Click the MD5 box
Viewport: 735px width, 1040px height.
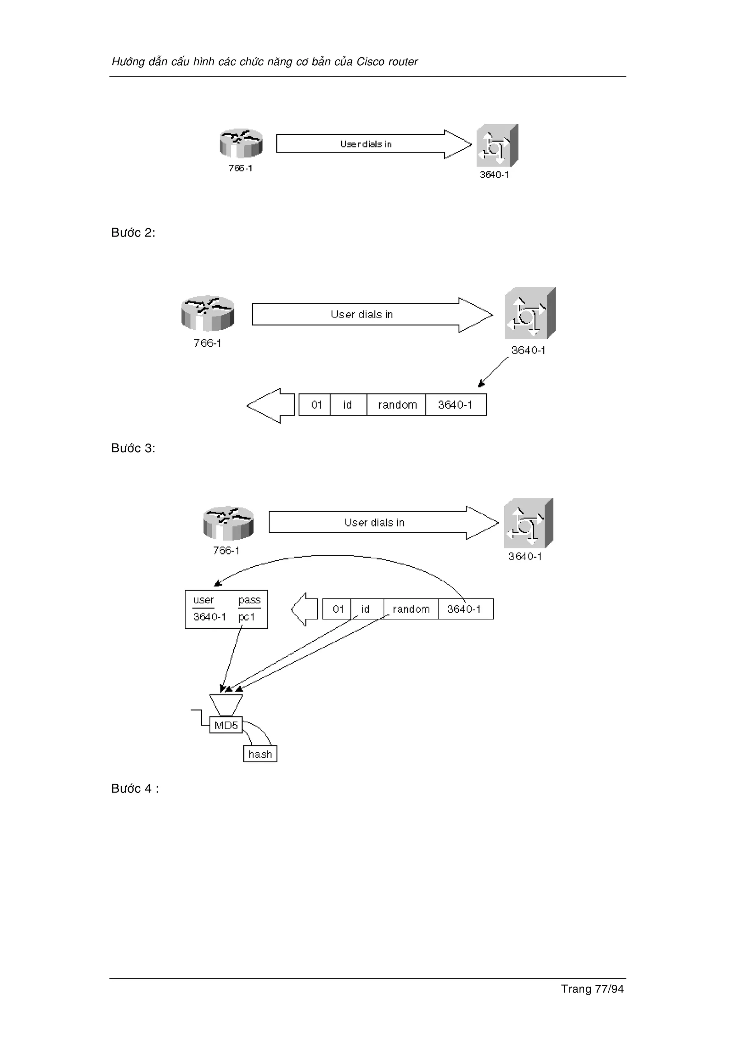click(x=226, y=725)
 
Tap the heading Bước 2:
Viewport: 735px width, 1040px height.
click(x=133, y=233)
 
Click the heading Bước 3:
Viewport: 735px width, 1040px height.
click(x=133, y=449)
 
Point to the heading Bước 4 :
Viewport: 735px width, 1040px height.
click(x=135, y=788)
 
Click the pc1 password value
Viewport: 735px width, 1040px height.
click(x=247, y=617)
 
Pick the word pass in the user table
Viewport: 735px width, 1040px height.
click(x=249, y=600)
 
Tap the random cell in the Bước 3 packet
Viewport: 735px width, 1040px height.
click(x=411, y=609)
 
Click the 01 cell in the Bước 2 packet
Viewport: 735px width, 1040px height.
click(x=316, y=405)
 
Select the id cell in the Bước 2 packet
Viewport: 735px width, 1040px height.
click(x=347, y=405)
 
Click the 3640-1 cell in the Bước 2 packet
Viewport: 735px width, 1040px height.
click(x=455, y=405)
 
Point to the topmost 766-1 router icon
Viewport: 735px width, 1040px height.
click(x=241, y=143)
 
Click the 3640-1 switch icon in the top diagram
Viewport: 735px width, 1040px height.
click(x=497, y=146)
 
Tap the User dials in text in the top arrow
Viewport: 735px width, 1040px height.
click(x=366, y=144)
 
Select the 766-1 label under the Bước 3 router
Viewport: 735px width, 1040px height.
click(x=226, y=551)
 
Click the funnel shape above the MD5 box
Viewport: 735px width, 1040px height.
click(x=226, y=705)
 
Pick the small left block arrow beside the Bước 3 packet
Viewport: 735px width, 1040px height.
click(x=305, y=609)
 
